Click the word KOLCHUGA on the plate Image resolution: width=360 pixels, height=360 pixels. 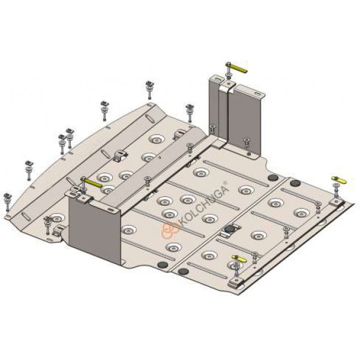click(203, 205)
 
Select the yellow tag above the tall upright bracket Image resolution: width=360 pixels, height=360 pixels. click(238, 67)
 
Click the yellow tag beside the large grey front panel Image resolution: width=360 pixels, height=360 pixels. click(94, 182)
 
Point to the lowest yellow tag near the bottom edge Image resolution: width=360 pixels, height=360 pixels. click(239, 259)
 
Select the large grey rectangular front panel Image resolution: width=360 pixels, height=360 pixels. click(94, 231)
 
